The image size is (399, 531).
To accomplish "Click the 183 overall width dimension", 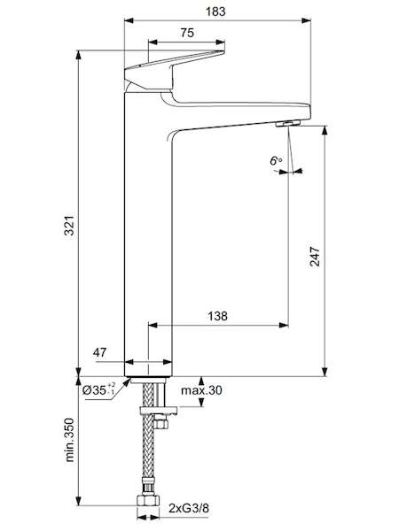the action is tap(215, 12).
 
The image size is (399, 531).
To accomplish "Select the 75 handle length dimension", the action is tap(187, 33).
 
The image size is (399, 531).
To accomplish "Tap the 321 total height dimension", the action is tap(69, 225).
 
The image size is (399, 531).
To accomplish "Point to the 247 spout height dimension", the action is tap(315, 257).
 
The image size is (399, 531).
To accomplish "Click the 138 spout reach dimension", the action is tap(217, 316).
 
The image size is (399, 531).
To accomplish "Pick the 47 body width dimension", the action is tap(99, 352).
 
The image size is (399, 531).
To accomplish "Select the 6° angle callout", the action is tap(276, 160).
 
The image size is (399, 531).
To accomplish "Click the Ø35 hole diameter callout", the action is tap(99, 389).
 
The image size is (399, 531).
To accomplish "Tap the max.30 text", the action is tap(201, 390).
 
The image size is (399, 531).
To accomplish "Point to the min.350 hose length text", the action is tap(69, 440).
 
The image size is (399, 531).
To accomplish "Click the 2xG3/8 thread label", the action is tap(189, 508).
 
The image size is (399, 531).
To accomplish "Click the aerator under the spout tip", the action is tap(288, 123).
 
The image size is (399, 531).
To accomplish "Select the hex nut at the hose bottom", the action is tap(147, 501).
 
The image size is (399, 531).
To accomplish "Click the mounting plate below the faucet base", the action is tap(159, 412).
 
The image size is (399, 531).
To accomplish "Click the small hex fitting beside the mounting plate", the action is tap(160, 423).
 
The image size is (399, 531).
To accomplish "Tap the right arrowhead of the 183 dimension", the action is tap(307, 20).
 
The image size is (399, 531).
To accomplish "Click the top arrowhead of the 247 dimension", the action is tap(325, 131).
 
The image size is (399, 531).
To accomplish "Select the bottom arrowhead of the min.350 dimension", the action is tap(79, 501).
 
